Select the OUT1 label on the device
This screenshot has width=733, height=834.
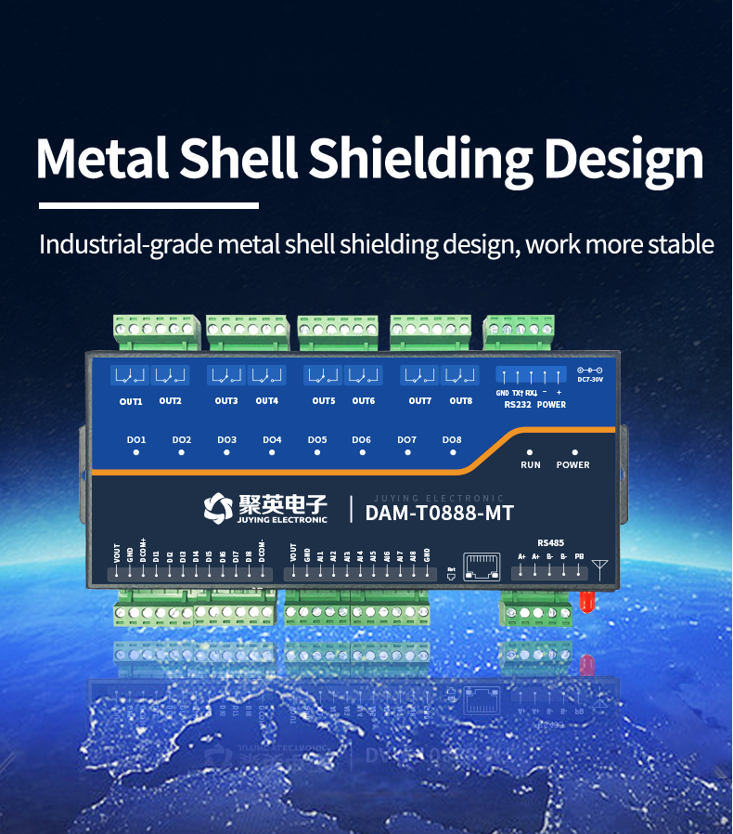(131, 401)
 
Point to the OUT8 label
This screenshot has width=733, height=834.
(461, 401)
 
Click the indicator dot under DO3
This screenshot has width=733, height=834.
(227, 452)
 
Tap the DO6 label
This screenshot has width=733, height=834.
(362, 439)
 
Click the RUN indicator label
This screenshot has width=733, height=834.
(531, 464)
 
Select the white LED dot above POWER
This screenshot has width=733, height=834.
(574, 451)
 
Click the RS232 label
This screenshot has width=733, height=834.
(517, 405)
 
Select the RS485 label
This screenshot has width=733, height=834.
(550, 542)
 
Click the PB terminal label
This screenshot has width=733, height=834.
(579, 556)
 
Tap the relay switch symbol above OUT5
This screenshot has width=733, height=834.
(323, 376)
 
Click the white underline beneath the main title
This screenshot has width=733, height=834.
(148, 204)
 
